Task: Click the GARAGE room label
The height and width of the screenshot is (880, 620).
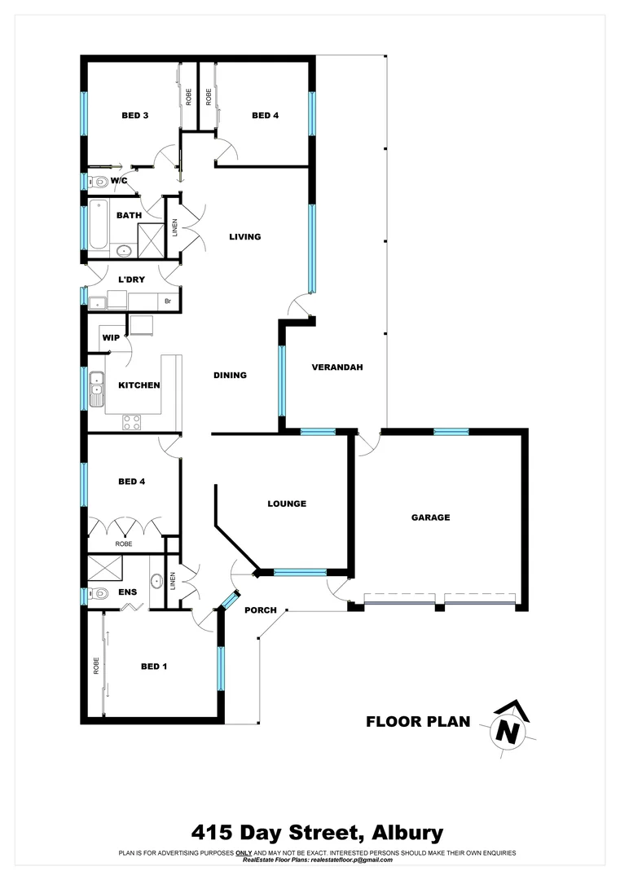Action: pos(430,517)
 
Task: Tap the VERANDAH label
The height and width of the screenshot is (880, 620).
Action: pos(336,367)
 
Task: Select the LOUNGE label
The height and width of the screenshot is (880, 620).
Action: pos(287,504)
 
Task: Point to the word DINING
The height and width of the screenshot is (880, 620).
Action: pos(230,376)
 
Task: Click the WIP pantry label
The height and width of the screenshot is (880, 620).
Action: pos(111,337)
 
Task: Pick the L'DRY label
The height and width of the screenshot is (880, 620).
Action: pos(131,279)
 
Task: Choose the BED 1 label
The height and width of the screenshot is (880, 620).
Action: pos(154,667)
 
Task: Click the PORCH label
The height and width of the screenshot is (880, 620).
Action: pos(261,610)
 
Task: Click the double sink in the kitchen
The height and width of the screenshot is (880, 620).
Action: pos(97,389)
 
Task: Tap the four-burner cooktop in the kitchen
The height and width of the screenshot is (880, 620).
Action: pos(131,422)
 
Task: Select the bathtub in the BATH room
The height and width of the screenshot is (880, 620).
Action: pos(98,224)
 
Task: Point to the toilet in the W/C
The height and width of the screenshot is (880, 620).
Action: pos(99,182)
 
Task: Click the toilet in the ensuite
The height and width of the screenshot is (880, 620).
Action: pos(99,594)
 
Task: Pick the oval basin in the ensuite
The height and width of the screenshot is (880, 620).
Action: pos(155,583)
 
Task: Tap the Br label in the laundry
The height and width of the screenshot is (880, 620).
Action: pos(168,301)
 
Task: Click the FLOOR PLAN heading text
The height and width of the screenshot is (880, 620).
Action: pos(418,721)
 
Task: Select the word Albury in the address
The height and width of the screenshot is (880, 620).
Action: pos(407,833)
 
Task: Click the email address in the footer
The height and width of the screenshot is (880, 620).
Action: pos(349,860)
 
